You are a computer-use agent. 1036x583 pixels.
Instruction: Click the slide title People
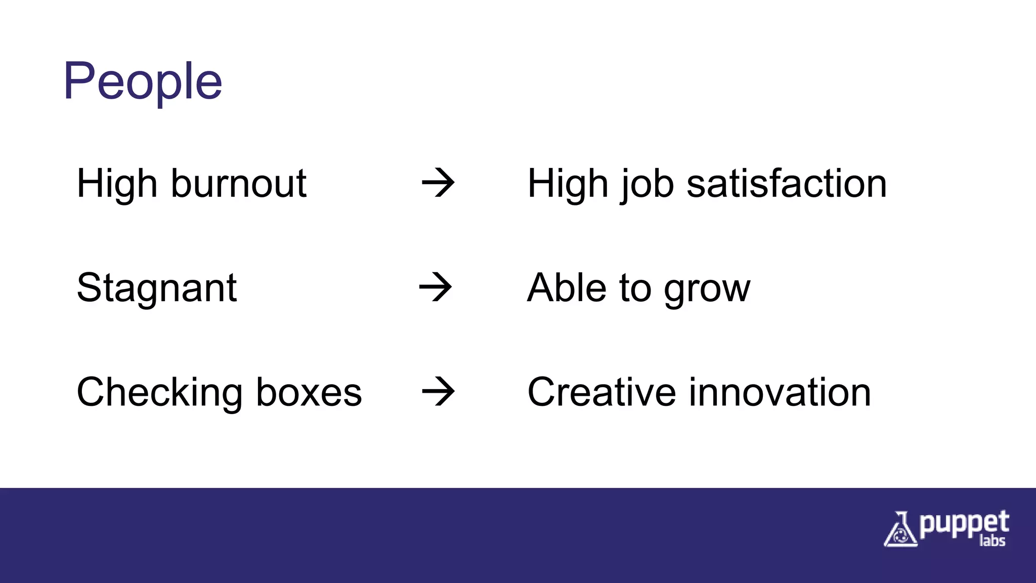[143, 81]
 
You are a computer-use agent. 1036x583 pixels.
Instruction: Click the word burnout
[239, 183]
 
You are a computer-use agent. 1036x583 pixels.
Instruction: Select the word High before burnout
[117, 183]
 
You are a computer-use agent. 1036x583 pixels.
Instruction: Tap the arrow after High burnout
[438, 183]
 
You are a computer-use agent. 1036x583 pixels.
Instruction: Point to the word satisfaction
[787, 183]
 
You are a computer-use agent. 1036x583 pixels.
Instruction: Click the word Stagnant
[157, 288]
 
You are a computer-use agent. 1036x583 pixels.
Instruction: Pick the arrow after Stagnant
[436, 287]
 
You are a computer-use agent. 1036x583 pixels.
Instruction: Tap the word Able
[567, 288]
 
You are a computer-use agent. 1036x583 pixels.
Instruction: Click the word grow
[707, 289]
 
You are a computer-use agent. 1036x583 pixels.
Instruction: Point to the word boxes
[309, 392]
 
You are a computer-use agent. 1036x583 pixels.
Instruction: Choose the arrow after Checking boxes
[438, 391]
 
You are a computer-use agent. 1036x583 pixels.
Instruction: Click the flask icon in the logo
[900, 530]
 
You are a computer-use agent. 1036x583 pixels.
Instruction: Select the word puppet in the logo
[964, 524]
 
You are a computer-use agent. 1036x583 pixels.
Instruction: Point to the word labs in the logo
[992, 541]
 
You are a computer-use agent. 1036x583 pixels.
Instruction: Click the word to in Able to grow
[635, 288]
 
